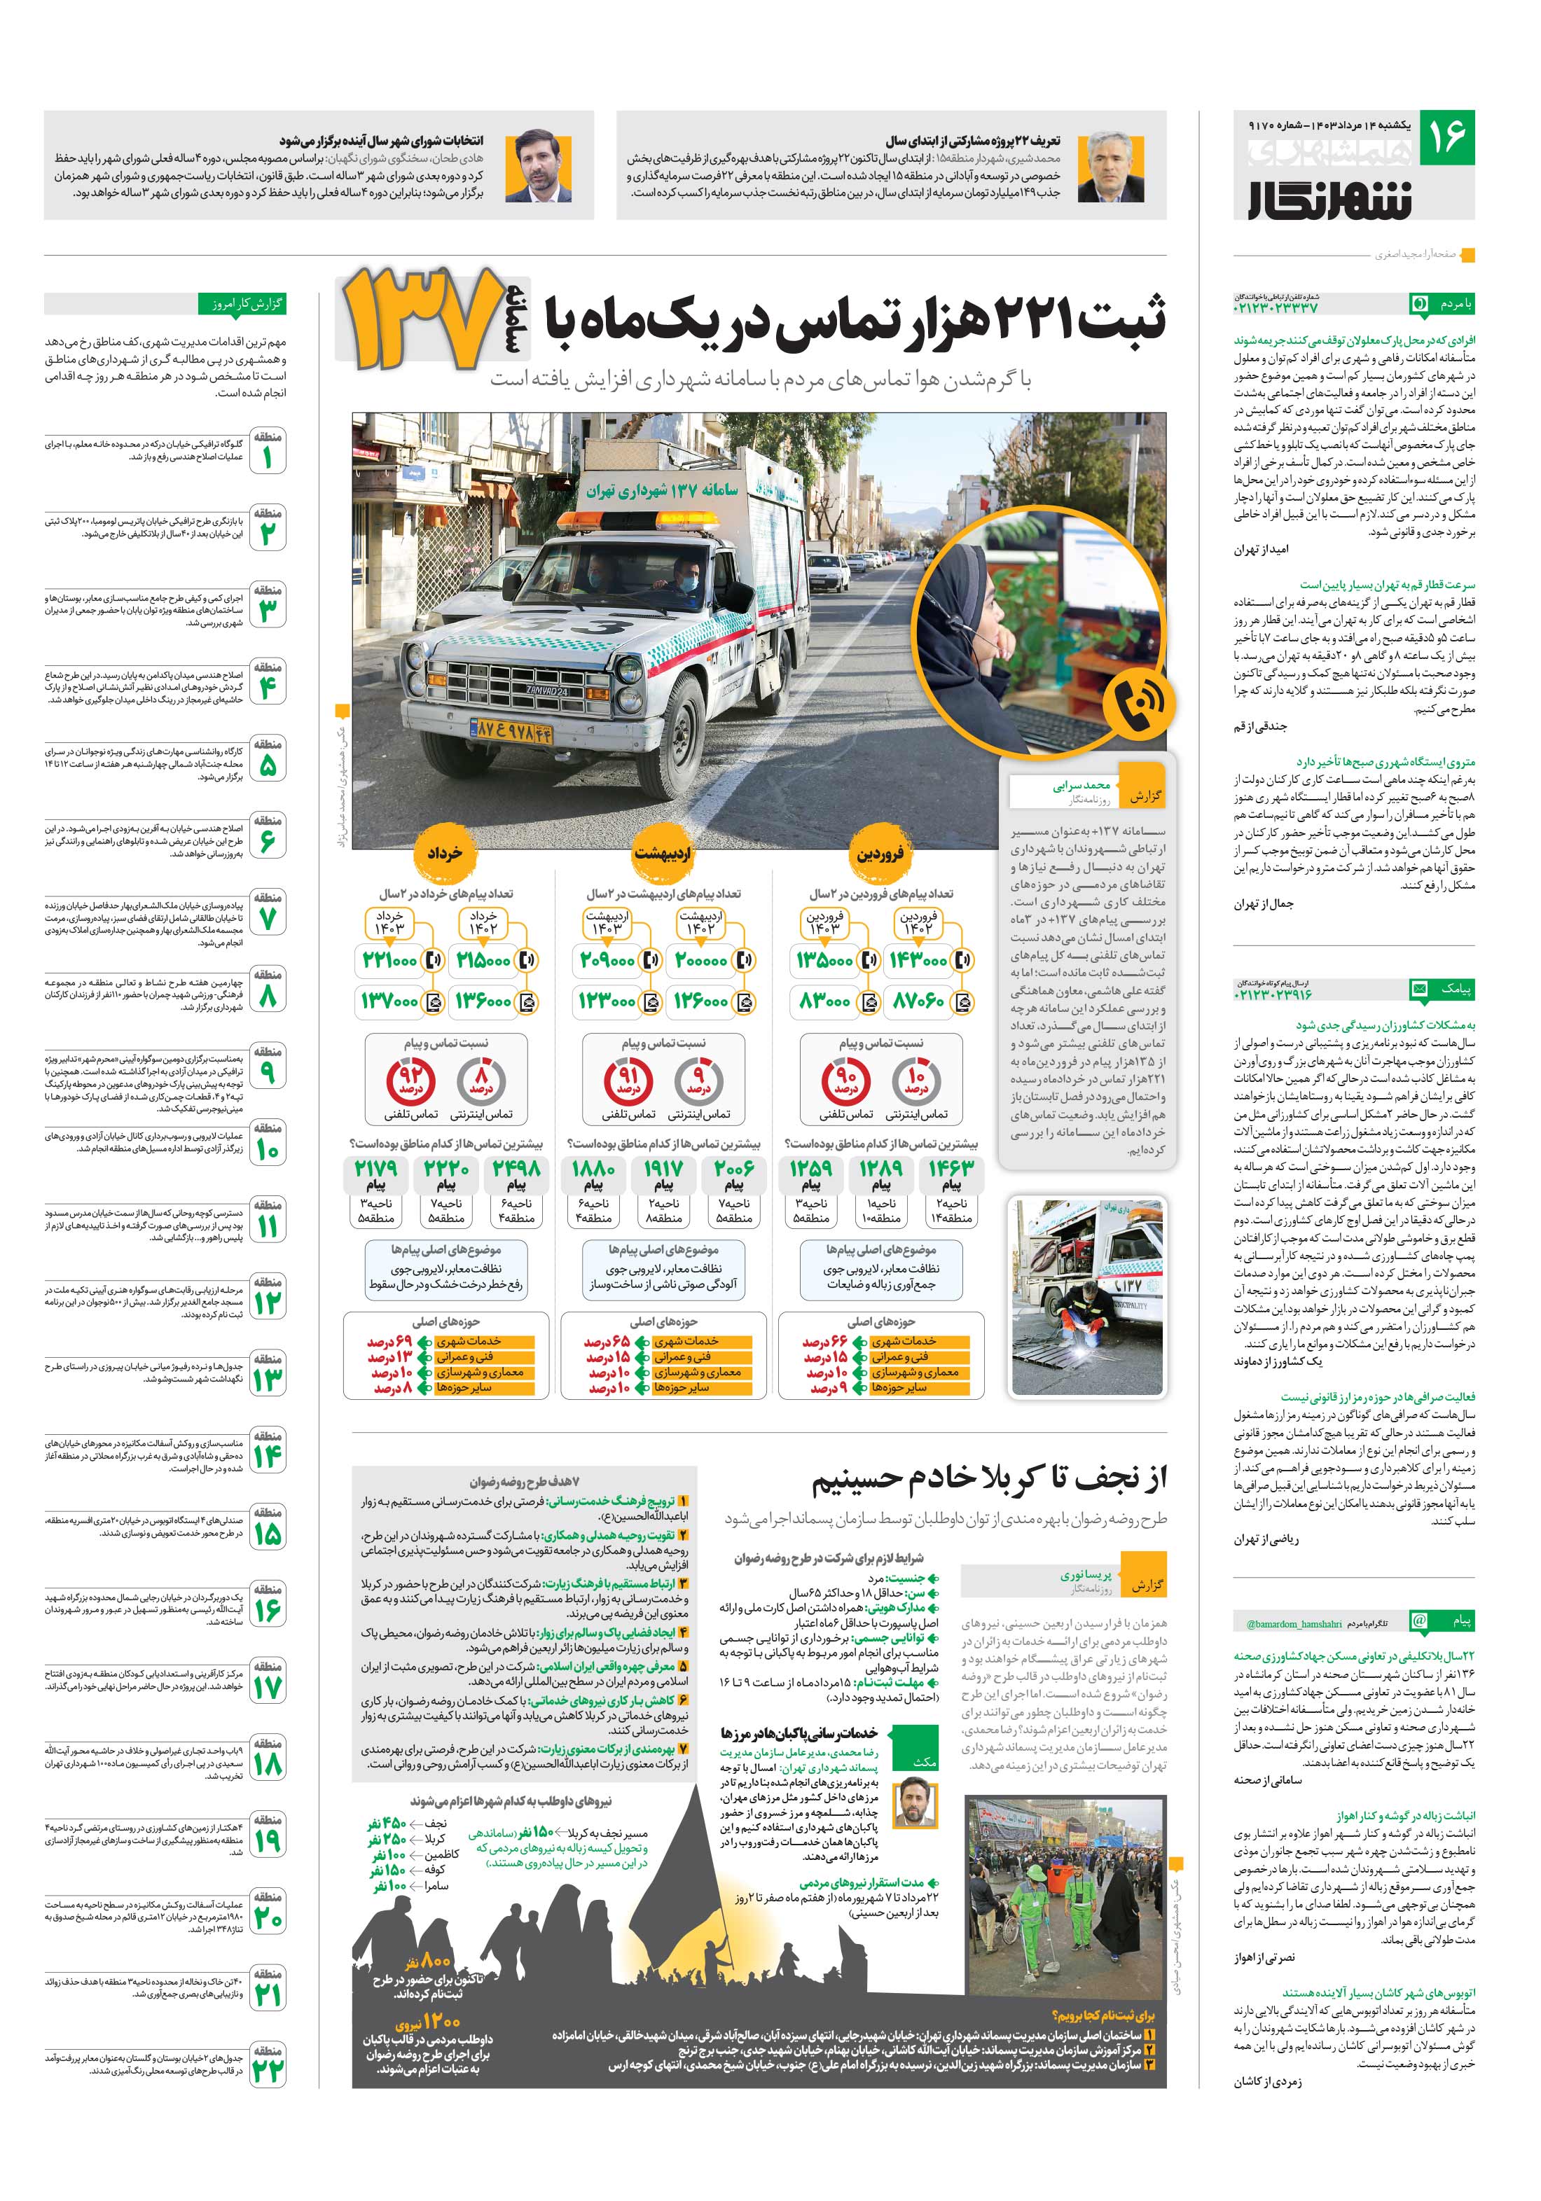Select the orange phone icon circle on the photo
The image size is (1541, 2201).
pyautogui.click(x=1138, y=707)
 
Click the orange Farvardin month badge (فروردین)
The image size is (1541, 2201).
pyautogui.click(x=878, y=853)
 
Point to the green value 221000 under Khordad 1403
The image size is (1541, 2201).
pyautogui.click(x=389, y=959)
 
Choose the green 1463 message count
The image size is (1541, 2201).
pyautogui.click(x=951, y=1169)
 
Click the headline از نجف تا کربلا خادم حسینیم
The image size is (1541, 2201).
pyautogui.click(x=988, y=1478)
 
